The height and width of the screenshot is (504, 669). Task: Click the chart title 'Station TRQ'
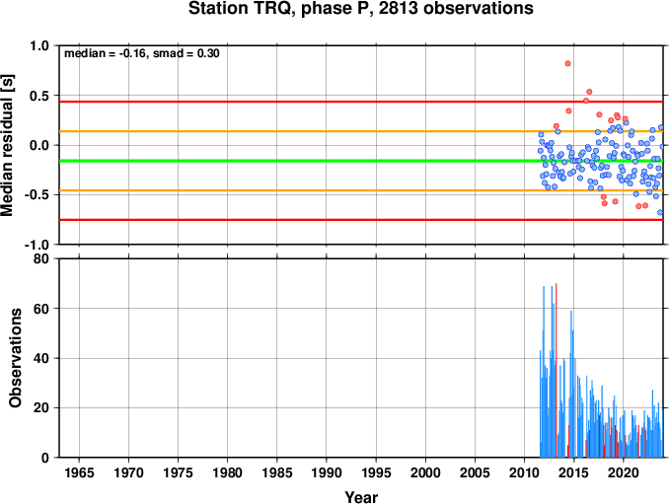coord(241,8)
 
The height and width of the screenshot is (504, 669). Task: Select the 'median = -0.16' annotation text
coord(105,53)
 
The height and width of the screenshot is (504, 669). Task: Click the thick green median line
coord(361,161)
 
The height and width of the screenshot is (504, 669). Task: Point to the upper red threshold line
coord(361,102)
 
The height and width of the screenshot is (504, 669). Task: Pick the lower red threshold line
coord(361,220)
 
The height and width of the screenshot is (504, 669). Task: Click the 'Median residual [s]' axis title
coord(7,145)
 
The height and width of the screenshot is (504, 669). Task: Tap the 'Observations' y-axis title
coord(15,358)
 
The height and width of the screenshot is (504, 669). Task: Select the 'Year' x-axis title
coord(361,497)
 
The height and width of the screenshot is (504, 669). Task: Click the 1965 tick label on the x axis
coord(79,472)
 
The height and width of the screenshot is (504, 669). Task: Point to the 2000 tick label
coord(425,472)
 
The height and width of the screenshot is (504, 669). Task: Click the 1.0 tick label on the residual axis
coord(39,45)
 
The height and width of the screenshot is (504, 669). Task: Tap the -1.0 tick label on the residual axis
coord(37,245)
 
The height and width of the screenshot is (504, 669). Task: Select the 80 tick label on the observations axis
coord(41,258)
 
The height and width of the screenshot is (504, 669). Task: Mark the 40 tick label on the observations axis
coord(41,358)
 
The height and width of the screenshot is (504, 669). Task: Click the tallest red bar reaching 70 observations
coord(556,370)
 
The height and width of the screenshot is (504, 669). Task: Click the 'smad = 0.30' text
coord(186,53)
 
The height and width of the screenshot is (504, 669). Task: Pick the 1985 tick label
coord(277,472)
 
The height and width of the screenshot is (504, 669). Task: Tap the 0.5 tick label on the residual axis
coord(39,96)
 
